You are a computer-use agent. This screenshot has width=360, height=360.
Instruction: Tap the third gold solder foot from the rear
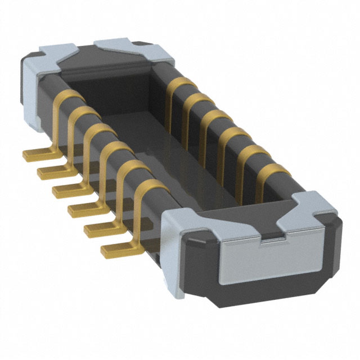click(66, 189)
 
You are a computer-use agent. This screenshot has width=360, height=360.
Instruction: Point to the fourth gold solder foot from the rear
click(83, 209)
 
